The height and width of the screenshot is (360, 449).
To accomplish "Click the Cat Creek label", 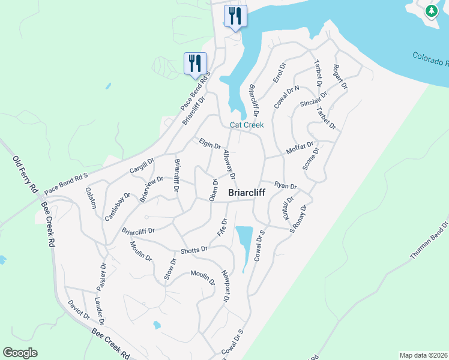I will pos(247,125).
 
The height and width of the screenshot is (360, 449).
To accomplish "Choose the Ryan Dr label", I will pos(286,186).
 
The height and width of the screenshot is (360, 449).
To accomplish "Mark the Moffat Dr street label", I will pos(300,148).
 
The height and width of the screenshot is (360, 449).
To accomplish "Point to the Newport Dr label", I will pos(226,288).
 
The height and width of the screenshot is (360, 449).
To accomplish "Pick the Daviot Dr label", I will pos(79,309).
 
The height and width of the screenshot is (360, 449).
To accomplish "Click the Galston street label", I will pos(91,197).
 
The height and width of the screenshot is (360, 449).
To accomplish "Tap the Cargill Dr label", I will pos(142,166).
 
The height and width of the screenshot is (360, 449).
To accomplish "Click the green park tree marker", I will pos(431,11).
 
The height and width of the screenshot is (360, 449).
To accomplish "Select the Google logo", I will pos(20,352).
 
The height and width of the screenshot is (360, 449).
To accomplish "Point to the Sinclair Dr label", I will pos(314,99).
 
